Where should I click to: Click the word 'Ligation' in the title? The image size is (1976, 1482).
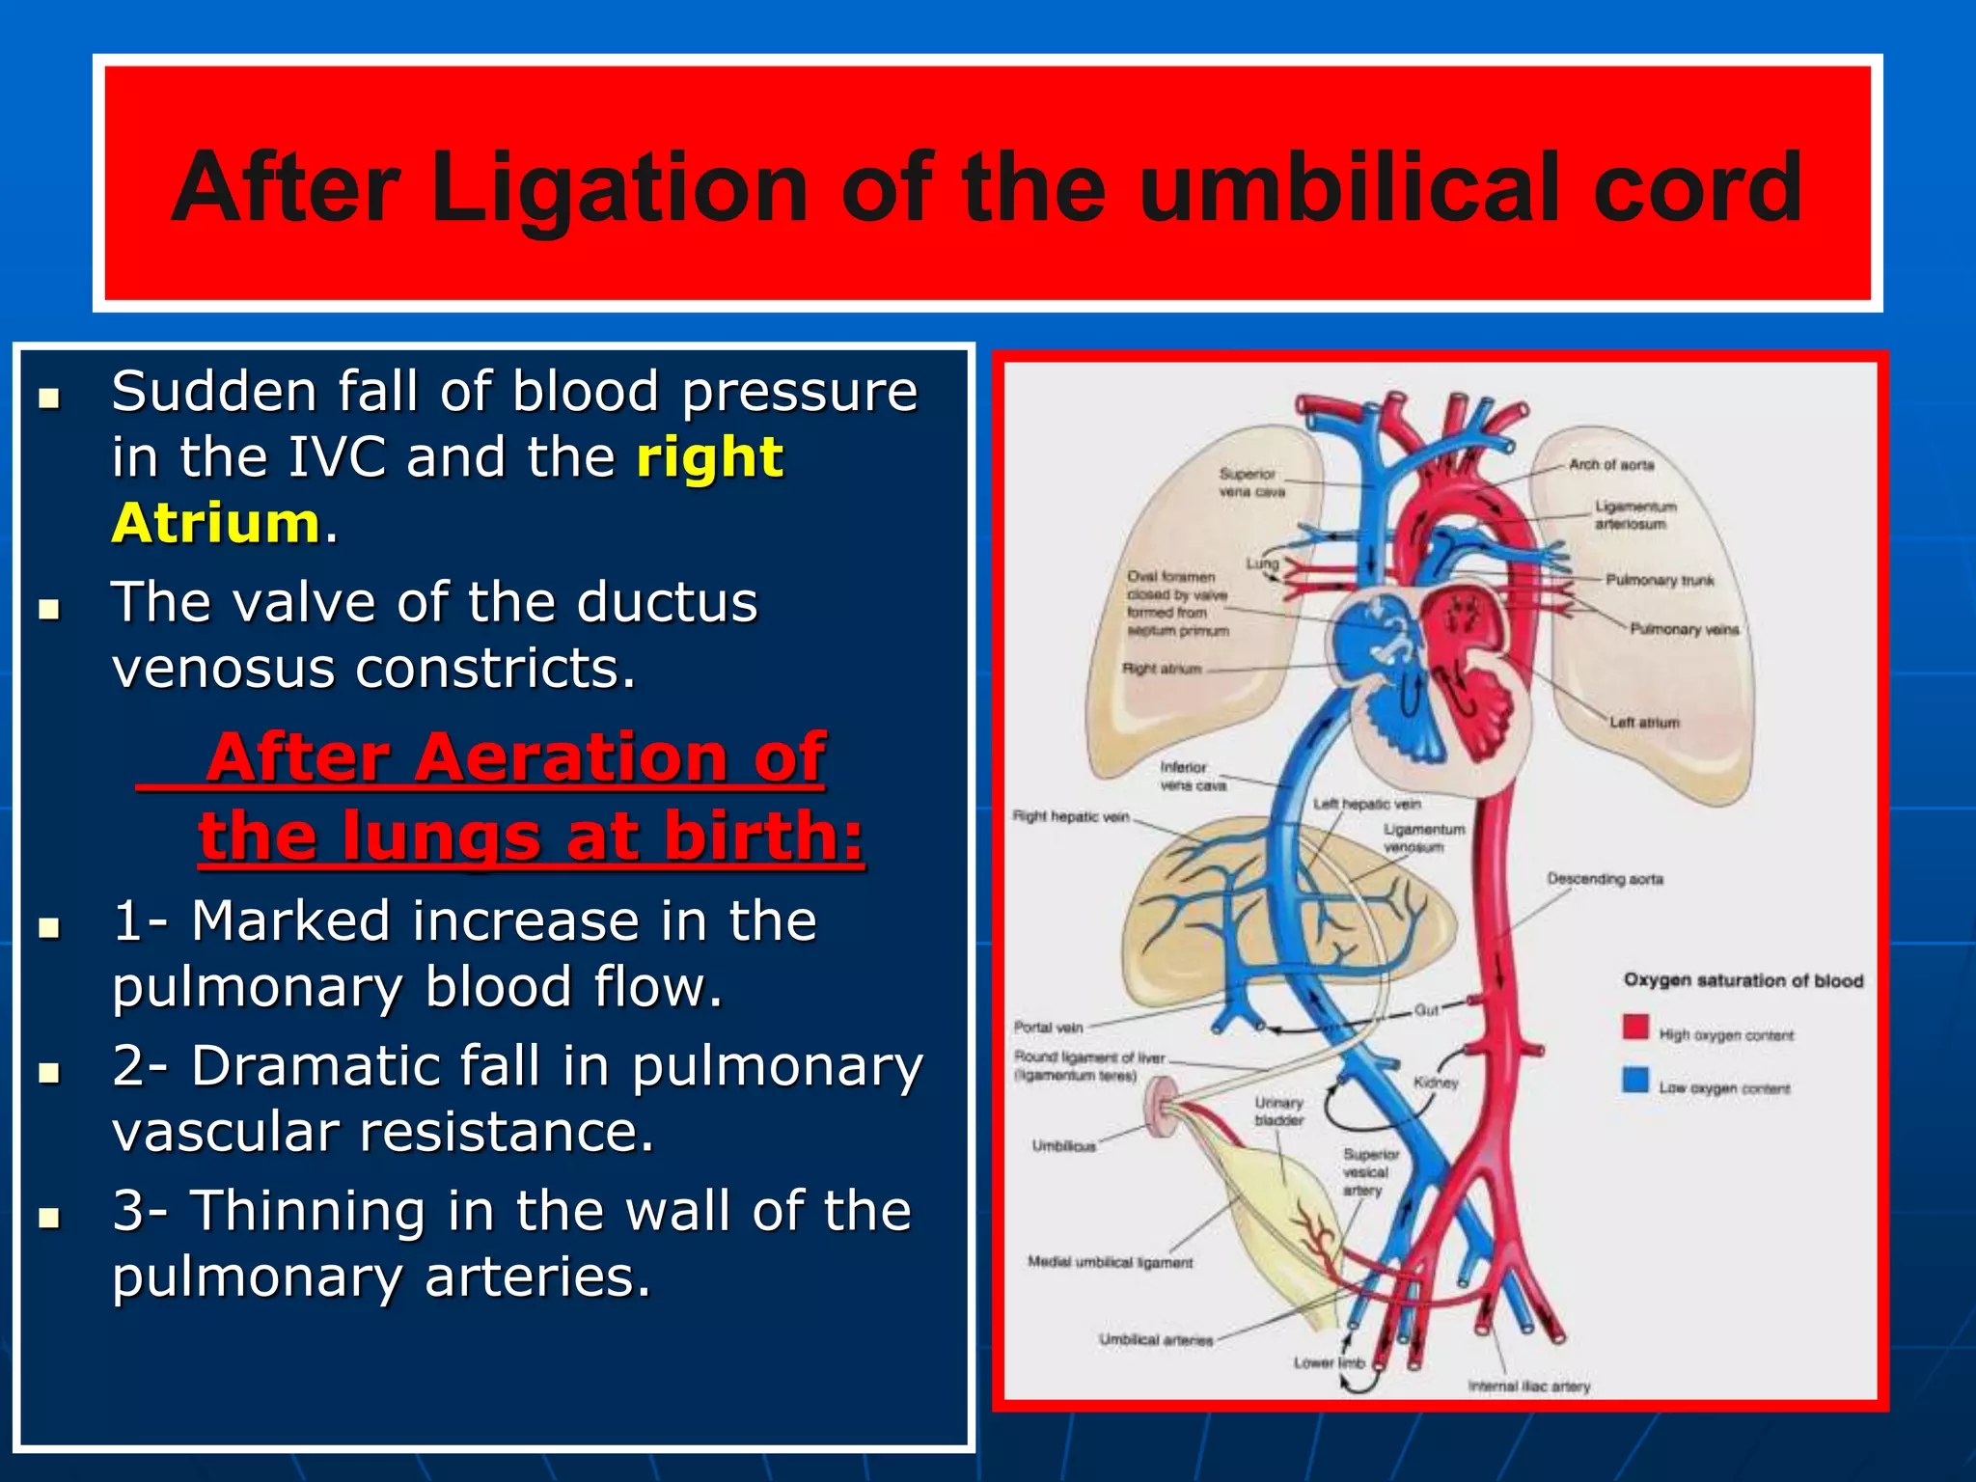coord(617,189)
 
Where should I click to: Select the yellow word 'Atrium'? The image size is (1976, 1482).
coord(215,523)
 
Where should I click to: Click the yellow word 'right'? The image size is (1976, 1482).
coord(709,456)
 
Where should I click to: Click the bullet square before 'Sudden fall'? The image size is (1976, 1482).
coord(49,398)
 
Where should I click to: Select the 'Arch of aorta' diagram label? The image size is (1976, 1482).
coord(1610,465)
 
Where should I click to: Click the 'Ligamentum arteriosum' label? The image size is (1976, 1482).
coord(1635,515)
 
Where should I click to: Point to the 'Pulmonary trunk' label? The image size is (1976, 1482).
coord(1660,580)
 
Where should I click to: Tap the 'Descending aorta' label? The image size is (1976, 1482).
coord(1605,879)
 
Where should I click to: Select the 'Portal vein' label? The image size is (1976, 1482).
coord(1048,1027)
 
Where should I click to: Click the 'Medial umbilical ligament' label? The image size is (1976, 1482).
coord(1110,1262)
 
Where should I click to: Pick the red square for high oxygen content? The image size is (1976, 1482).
coord(1635,1027)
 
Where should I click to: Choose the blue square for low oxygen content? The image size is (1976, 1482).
coord(1635,1080)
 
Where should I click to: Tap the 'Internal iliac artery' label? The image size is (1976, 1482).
coord(1529,1386)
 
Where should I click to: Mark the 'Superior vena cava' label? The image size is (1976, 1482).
coord(1250,482)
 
